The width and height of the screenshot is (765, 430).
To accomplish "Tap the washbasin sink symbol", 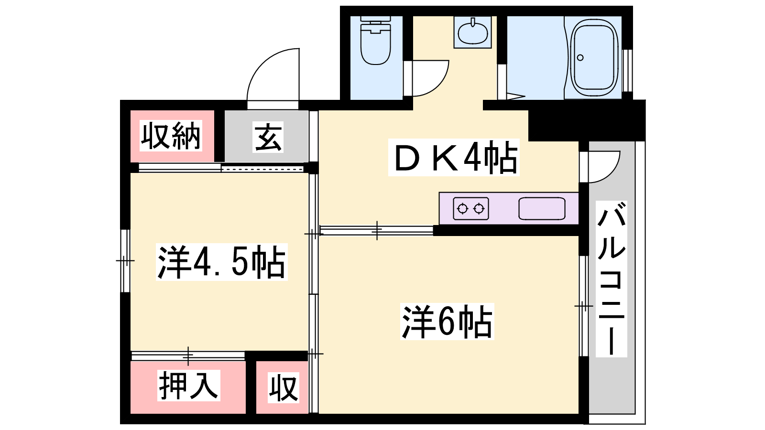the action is pos(473,32).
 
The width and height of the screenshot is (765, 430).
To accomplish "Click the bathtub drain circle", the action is pos(580,58).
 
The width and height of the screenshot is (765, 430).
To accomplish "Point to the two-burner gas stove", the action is pos(470,208).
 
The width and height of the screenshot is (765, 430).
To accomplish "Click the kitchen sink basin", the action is pos(542,208).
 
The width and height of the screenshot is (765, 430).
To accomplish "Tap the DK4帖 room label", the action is pos(454,157).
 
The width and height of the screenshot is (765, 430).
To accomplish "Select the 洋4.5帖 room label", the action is pos(222,262).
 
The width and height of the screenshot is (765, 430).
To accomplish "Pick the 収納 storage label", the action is pos(171,136).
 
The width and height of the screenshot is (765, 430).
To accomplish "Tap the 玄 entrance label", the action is pos(268,137).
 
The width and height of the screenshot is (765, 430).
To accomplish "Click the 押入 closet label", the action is pos(188,385).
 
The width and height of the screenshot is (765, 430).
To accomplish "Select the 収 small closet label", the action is pos(284,387).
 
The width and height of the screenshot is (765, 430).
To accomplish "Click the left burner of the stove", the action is pos(462,208).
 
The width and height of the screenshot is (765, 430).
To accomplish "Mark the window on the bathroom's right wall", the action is pos(627,71).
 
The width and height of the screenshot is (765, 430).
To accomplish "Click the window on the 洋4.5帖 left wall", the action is pos(125,261).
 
